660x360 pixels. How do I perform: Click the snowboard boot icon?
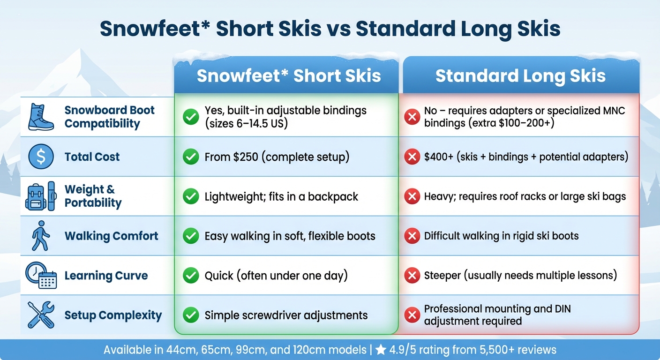tap(41, 117)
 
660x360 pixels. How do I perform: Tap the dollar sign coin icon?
tap(41, 157)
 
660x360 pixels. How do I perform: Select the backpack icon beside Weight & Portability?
tap(40, 196)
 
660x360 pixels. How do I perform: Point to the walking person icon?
tap(40, 236)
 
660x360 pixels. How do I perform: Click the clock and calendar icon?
tap(41, 275)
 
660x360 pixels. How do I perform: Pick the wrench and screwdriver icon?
tap(41, 315)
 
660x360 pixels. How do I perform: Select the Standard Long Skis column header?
tap(520, 76)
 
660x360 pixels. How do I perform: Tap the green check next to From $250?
tap(191, 157)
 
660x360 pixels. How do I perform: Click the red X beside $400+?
tap(412, 157)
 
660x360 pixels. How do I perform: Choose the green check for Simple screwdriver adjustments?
tap(191, 315)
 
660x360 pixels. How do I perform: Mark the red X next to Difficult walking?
tap(412, 236)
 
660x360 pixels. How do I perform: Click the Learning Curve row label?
tap(106, 276)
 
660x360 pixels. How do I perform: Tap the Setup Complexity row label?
tap(113, 315)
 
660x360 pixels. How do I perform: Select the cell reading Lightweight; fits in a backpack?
tap(281, 196)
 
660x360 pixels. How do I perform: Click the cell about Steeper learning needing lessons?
tap(520, 275)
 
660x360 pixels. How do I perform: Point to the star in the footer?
tap(381, 350)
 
